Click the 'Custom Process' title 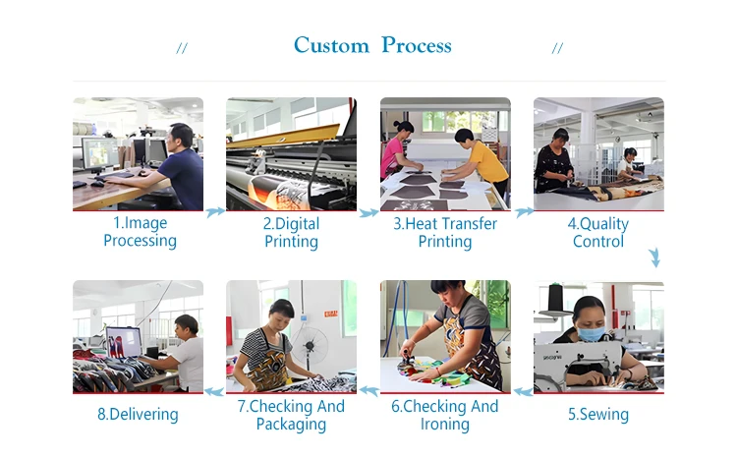tap(372, 45)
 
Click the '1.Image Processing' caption tap(140, 232)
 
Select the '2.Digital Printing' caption tap(291, 232)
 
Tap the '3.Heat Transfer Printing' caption tap(445, 232)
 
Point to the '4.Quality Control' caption tap(598, 232)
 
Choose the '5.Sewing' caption tap(598, 414)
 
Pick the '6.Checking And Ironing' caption tap(444, 415)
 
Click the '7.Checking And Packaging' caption tap(291, 415)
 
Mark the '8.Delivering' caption tap(138, 414)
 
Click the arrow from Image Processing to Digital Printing tap(215, 210)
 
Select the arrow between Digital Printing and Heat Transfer tap(368, 211)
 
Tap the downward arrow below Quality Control tap(654, 258)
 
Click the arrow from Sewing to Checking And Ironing tap(523, 391)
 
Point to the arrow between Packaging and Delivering tap(215, 391)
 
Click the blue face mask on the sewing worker tap(590, 334)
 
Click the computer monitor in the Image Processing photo tap(99, 153)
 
